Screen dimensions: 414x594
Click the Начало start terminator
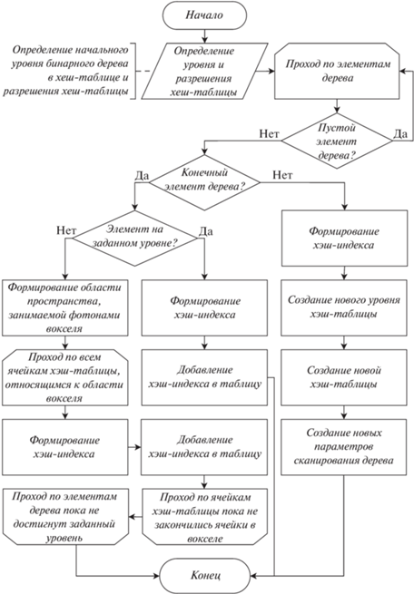click(204, 15)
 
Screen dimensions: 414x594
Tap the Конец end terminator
click(204, 576)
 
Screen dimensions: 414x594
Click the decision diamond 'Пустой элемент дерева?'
click(337, 141)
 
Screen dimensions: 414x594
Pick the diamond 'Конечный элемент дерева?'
click(204, 182)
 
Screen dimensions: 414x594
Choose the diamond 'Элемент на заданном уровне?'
click(134, 239)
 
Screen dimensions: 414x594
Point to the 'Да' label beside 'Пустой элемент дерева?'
click(400, 133)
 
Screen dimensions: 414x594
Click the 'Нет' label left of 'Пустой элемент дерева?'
click(270, 133)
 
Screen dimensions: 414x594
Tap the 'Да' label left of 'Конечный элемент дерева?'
click(142, 176)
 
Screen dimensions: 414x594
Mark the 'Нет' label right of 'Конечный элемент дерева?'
click(283, 175)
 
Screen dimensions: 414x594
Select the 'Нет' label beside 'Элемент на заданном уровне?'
click(66, 230)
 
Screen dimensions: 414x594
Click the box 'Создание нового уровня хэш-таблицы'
click(344, 307)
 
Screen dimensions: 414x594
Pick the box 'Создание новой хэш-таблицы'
click(344, 377)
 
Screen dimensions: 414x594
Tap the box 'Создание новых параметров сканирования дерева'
click(344, 447)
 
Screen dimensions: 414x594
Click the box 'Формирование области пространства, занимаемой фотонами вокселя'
click(65, 307)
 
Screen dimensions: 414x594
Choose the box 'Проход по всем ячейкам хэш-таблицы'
click(65, 377)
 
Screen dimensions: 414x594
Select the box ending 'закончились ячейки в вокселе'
click(204, 517)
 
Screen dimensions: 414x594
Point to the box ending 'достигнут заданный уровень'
click(65, 517)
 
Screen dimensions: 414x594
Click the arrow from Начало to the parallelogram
click(204, 36)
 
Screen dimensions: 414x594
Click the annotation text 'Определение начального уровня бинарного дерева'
click(70, 57)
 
